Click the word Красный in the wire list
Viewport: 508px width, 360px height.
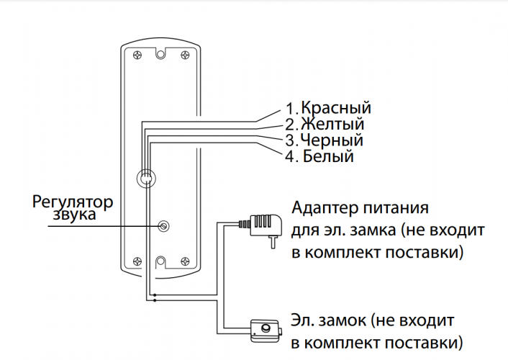point(336,109)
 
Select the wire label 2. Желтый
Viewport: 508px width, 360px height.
point(324,125)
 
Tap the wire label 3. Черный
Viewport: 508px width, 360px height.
point(323,140)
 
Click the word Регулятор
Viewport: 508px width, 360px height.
point(73,200)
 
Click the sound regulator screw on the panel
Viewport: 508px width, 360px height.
point(163,226)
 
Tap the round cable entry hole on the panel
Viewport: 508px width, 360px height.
point(145,177)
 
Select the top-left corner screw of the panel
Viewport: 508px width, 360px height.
point(137,55)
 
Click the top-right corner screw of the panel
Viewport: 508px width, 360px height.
point(186,55)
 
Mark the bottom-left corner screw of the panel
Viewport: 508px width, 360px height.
point(137,261)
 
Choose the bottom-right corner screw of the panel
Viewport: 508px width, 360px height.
point(186,261)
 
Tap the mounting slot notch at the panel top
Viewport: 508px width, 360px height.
point(161,55)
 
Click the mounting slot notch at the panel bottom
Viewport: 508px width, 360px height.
point(161,261)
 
